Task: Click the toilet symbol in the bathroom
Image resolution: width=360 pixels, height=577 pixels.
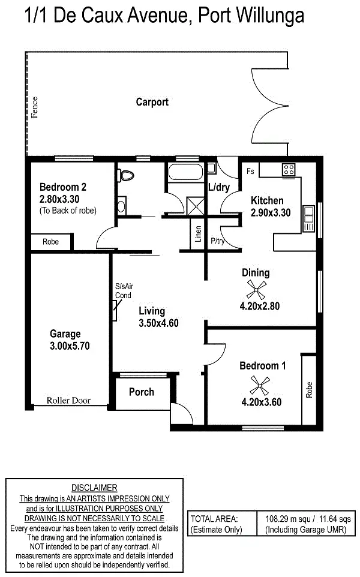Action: click(x=126, y=176)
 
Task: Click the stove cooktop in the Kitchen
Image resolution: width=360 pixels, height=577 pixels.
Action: click(x=288, y=169)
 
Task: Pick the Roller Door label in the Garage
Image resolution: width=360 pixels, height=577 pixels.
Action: click(x=69, y=400)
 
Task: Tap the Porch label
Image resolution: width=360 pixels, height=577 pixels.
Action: click(x=142, y=392)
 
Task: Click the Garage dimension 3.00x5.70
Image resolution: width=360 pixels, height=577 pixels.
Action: click(x=70, y=345)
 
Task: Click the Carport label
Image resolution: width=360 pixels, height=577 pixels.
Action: click(x=152, y=102)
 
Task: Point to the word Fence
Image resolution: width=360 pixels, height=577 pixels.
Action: click(x=35, y=107)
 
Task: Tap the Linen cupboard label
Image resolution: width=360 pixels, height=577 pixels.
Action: click(x=198, y=235)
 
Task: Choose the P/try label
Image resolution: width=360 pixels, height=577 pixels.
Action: click(x=217, y=242)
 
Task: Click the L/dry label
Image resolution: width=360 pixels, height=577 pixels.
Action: click(x=218, y=187)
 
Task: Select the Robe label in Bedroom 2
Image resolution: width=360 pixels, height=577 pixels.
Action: click(x=50, y=242)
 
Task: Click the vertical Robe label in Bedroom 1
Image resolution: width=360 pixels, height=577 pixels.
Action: click(x=309, y=390)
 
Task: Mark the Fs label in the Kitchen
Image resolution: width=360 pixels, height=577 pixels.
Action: click(x=250, y=172)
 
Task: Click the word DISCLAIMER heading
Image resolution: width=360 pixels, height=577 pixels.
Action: click(x=94, y=488)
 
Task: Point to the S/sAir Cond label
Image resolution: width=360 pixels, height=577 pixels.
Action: click(x=123, y=291)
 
